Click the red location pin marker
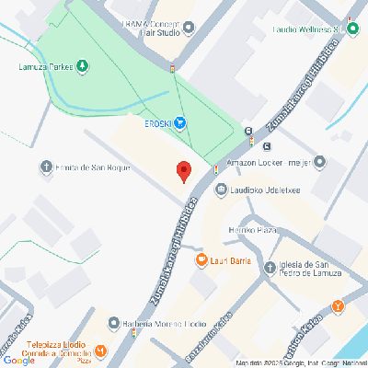tap(183, 171)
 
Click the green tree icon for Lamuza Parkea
tap(82, 65)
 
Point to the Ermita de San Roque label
tap(93, 167)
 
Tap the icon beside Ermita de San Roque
tap(46, 167)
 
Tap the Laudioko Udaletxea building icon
tap(220, 190)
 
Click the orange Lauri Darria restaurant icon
tap(201, 260)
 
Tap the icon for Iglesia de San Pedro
tap(270, 268)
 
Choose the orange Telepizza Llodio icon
tap(100, 351)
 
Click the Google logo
tap(19, 360)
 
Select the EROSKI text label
tap(155, 124)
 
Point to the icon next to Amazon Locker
tap(319, 163)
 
